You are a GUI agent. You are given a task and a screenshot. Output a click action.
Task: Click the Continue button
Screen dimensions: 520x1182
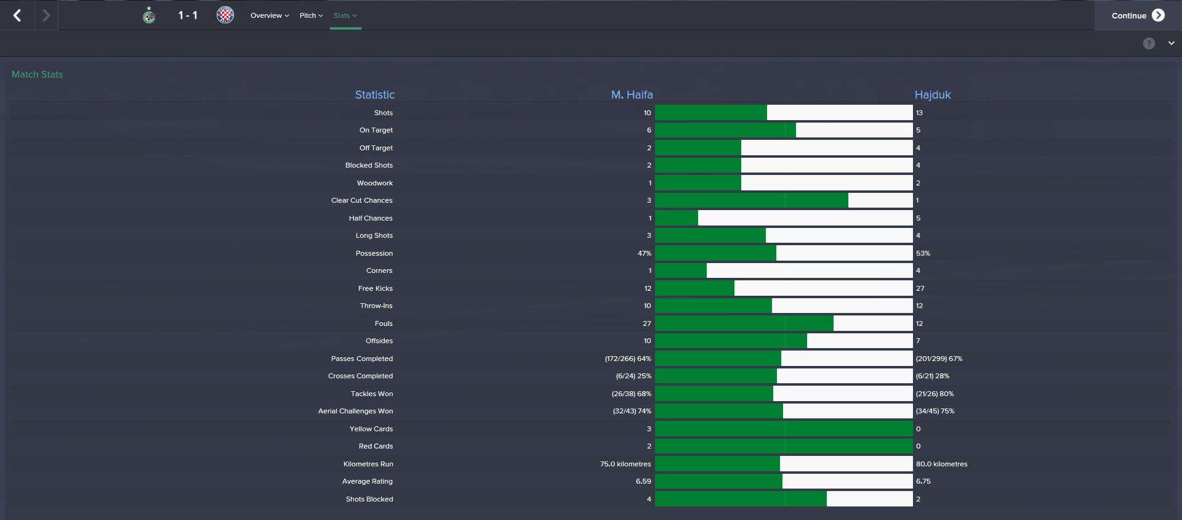click(x=1137, y=15)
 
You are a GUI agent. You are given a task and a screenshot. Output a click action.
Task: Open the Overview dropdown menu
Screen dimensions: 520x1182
click(x=269, y=15)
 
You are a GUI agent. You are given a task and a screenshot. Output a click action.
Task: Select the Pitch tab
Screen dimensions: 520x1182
click(x=311, y=15)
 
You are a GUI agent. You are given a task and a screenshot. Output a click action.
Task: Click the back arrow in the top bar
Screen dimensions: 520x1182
click(x=17, y=15)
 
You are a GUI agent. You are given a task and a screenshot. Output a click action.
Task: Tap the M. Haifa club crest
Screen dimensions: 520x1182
click(x=149, y=15)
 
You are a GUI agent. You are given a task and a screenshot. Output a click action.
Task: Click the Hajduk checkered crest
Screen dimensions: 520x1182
click(x=225, y=15)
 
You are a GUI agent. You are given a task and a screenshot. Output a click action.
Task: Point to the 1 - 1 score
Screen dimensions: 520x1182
click(x=188, y=15)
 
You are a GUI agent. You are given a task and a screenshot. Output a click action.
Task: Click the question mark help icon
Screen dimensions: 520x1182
click(x=1149, y=43)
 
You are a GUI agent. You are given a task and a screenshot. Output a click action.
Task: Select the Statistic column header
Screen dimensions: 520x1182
click(x=374, y=95)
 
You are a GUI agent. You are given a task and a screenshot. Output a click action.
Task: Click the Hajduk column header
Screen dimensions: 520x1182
click(x=932, y=95)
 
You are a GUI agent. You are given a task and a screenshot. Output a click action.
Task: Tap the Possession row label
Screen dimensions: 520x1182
click(x=374, y=253)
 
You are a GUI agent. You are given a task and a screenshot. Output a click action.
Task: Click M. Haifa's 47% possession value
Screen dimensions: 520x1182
click(x=644, y=253)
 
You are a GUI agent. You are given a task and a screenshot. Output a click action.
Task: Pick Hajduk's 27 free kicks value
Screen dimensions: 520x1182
click(x=920, y=288)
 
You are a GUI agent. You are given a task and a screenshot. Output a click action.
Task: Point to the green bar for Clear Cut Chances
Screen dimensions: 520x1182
click(x=751, y=200)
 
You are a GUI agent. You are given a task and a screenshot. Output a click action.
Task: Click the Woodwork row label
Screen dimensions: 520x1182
click(x=374, y=183)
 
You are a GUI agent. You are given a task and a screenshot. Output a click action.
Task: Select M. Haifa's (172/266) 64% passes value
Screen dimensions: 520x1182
click(x=628, y=359)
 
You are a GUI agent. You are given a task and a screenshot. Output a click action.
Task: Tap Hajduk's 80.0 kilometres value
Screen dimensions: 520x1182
click(x=941, y=464)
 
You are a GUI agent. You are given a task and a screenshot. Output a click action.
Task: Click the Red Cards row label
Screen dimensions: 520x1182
click(x=376, y=446)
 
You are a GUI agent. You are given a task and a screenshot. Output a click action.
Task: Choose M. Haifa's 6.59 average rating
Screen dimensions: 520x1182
click(x=643, y=481)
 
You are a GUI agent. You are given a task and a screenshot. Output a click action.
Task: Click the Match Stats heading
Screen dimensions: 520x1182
click(x=37, y=75)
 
